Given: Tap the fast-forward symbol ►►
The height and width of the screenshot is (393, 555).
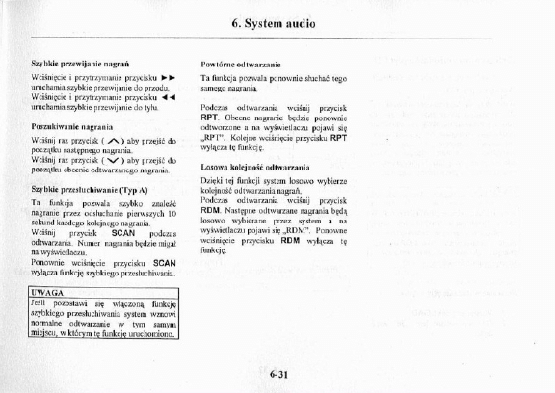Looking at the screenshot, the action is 167,75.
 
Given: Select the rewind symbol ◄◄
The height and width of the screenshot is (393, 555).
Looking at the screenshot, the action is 167,96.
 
